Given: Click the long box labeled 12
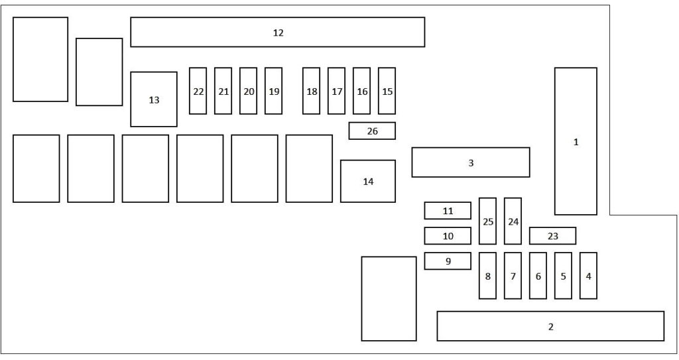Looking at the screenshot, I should click(x=277, y=32).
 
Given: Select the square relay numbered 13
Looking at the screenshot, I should click(x=154, y=99).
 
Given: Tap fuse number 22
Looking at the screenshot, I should click(x=198, y=91).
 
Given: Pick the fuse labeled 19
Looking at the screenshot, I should click(x=273, y=91).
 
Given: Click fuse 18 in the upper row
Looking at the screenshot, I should click(x=311, y=91).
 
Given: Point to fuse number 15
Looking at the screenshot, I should click(x=387, y=91).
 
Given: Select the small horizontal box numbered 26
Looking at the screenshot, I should click(x=372, y=131).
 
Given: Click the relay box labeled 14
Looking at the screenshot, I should click(x=368, y=181).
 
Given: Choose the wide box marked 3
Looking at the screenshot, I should click(x=471, y=162).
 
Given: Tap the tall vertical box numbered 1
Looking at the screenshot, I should click(x=576, y=141).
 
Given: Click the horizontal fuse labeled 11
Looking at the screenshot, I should click(x=448, y=211).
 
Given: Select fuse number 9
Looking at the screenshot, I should click(x=448, y=261).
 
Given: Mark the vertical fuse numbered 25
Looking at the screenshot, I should click(x=487, y=221).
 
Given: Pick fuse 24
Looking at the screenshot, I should click(x=513, y=221).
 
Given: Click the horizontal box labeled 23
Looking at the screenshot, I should click(x=552, y=235).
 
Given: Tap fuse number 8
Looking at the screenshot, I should click(x=487, y=276).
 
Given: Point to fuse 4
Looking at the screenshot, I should click(x=588, y=276).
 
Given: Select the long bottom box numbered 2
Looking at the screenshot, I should click(x=550, y=326).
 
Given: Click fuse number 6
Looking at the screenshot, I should click(x=538, y=276).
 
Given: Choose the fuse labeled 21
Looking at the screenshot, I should click(x=223, y=91).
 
